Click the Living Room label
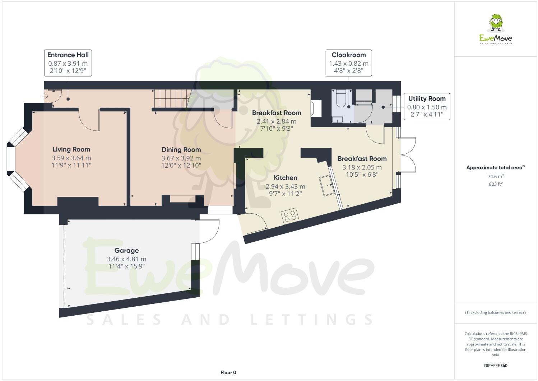pyautogui.click(x=71, y=149)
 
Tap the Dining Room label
pyautogui.click(x=181, y=150)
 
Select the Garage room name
pyautogui.click(x=126, y=251)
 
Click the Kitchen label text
pyautogui.click(x=285, y=178)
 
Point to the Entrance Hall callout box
pyautogui.click(x=68, y=63)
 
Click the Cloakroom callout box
pyautogui.click(x=348, y=63)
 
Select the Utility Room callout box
pyautogui.click(x=427, y=107)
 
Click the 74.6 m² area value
pyautogui.click(x=496, y=176)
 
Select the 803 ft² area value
pyautogui.click(x=496, y=184)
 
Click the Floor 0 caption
pyautogui.click(x=228, y=372)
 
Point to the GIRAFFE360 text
pyautogui.click(x=496, y=366)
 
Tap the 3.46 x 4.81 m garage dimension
pyautogui.click(x=126, y=259)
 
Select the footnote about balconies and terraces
pyautogui.click(x=496, y=312)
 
